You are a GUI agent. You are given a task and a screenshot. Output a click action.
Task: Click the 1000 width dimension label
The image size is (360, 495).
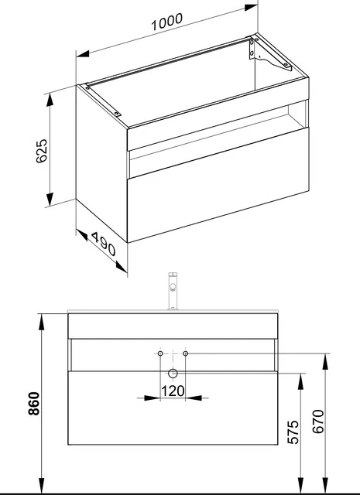(x=167, y=22)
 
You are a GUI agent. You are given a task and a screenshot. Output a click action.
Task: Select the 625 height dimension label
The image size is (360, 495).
(x=41, y=151)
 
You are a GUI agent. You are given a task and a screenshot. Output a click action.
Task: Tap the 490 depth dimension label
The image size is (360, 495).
(x=103, y=244)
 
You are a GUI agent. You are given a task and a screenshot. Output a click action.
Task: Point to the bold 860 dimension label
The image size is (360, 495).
(x=33, y=404)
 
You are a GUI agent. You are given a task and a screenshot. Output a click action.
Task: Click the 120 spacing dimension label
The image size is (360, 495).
(x=173, y=391)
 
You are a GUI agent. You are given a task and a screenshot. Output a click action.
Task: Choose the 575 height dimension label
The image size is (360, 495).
(x=293, y=432)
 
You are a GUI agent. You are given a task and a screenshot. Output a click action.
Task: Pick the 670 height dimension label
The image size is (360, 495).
(x=318, y=421)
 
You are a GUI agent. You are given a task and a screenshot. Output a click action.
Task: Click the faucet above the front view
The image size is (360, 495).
(x=173, y=291)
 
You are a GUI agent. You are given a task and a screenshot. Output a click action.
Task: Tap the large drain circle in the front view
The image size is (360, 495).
(x=173, y=374)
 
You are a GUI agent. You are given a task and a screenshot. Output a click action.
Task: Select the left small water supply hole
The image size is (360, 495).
(x=160, y=353)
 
